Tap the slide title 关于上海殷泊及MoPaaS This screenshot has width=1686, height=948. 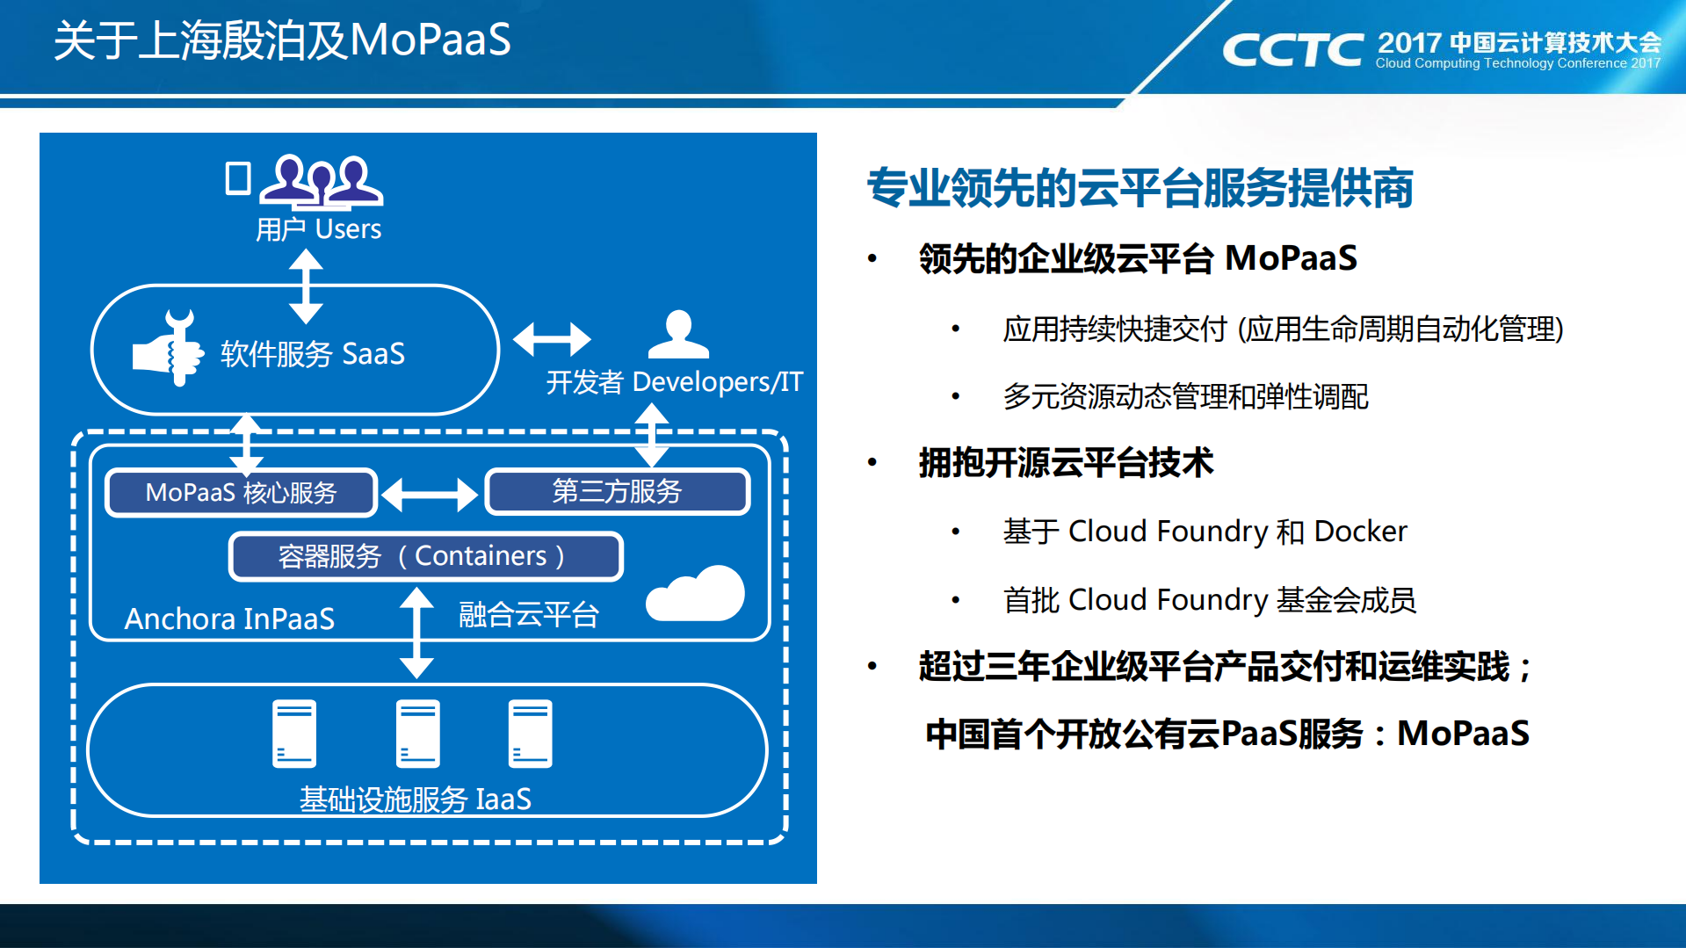click(x=282, y=40)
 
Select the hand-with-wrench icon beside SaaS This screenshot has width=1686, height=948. click(x=169, y=349)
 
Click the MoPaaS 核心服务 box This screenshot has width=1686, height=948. click(x=241, y=493)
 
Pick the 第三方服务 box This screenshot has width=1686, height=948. click(x=617, y=491)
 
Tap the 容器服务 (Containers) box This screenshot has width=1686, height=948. click(x=425, y=556)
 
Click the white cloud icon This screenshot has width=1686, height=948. click(x=696, y=595)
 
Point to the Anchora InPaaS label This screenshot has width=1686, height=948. click(x=229, y=619)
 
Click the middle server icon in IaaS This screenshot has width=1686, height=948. click(x=417, y=734)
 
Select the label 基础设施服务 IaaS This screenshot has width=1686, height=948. click(x=416, y=800)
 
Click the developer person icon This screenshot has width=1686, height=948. click(x=677, y=335)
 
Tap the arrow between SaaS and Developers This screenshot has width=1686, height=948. click(x=552, y=339)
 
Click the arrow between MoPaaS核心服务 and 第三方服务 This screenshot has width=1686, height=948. click(x=430, y=495)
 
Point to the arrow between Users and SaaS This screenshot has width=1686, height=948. click(x=306, y=286)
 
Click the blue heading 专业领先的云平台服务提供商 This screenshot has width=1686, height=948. click(x=1140, y=188)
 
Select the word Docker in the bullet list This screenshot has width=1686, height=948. click(x=1360, y=532)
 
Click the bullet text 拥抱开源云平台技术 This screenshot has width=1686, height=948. click(x=1066, y=463)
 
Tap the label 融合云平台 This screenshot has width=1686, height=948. click(x=528, y=615)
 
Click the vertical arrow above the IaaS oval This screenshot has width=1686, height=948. click(x=416, y=633)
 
